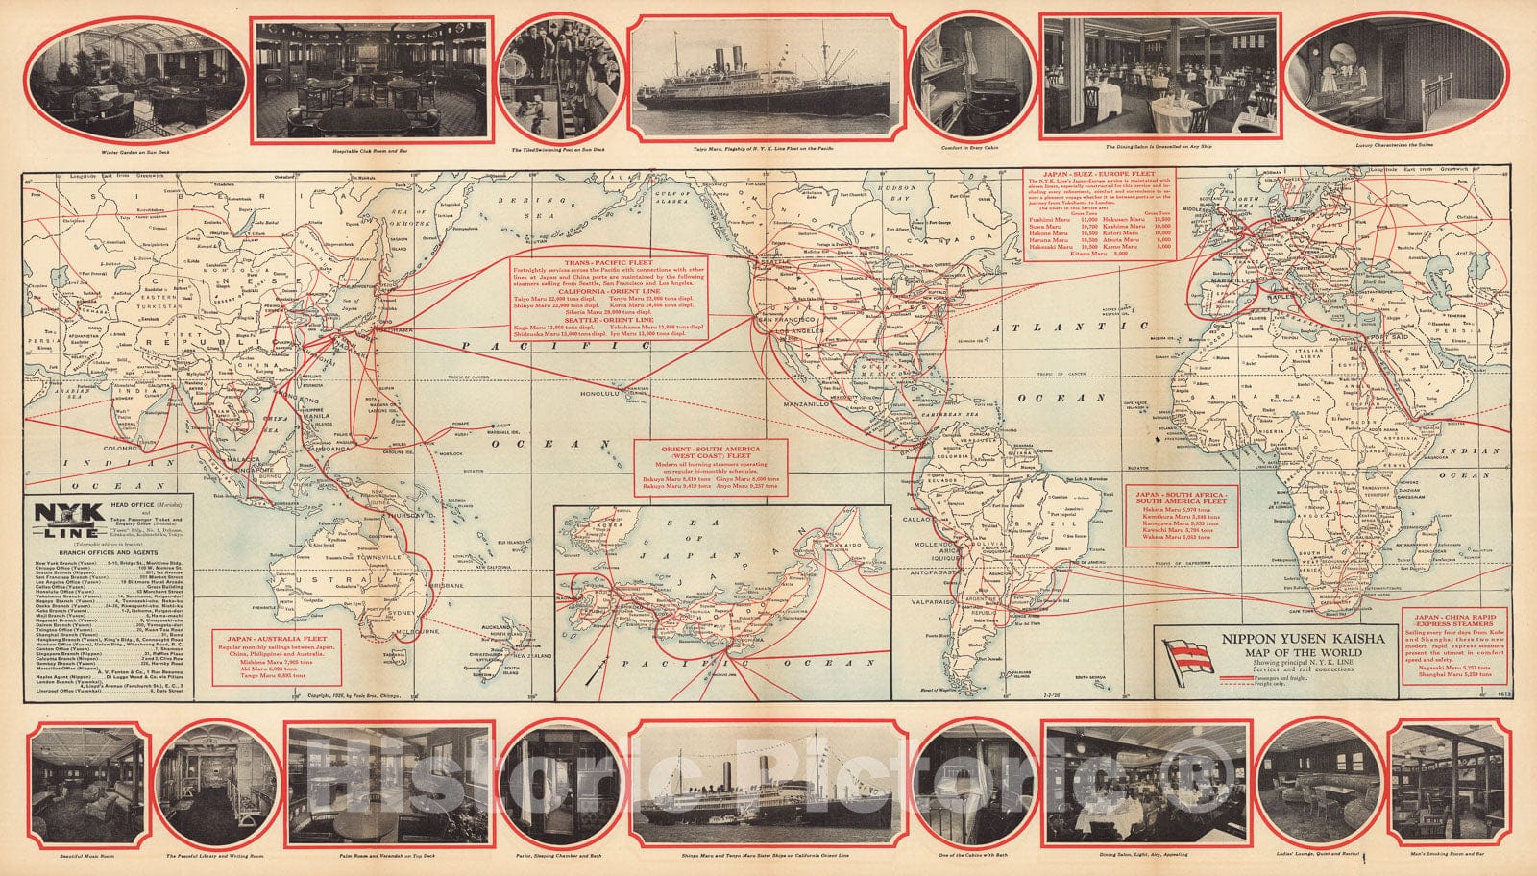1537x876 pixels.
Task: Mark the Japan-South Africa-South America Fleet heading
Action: click(x=1181, y=496)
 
